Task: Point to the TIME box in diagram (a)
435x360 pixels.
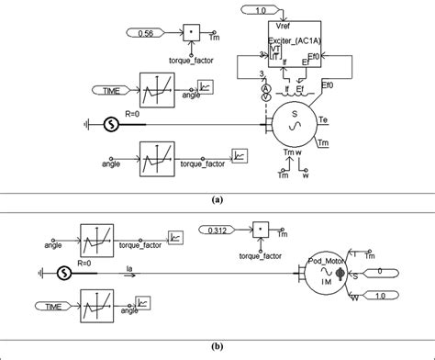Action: (116, 91)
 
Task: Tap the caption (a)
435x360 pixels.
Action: (217, 197)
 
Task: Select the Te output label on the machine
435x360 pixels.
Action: (322, 119)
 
